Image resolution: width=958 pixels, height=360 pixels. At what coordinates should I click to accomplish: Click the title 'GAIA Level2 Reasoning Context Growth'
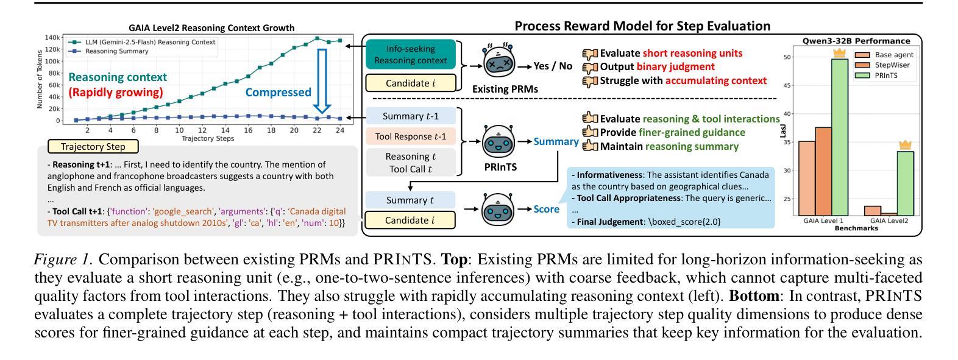point(211,28)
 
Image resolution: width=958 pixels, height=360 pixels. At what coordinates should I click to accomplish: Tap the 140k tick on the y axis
point(52,38)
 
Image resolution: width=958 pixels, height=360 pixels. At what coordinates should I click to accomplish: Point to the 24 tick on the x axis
point(339,130)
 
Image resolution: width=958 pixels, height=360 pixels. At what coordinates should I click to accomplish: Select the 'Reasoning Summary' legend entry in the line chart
point(116,52)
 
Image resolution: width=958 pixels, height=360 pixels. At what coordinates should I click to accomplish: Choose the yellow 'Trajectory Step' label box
point(93,147)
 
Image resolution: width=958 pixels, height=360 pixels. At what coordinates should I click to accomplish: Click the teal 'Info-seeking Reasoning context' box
point(410,54)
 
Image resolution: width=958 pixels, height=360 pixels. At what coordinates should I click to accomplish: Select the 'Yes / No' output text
point(553,66)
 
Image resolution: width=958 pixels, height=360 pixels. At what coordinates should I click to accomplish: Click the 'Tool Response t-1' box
point(410,136)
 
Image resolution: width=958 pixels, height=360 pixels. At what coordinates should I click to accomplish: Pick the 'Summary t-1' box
point(410,116)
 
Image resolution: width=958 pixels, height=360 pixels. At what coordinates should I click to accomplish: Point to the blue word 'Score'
point(547,210)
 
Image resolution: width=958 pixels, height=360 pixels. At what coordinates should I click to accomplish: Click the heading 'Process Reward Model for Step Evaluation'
point(642,26)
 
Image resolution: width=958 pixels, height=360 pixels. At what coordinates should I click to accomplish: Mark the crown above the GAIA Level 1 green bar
point(840,53)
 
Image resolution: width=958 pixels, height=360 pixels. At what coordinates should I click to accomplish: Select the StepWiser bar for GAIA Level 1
point(823,171)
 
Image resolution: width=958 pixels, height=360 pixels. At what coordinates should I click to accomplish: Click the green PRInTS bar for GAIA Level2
point(905,183)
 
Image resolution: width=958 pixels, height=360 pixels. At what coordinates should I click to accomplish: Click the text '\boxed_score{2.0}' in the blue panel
point(683,222)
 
